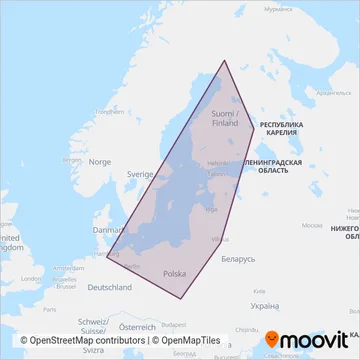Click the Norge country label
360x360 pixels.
click(100, 161)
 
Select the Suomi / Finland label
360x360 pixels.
click(225, 118)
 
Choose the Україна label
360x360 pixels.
click(264, 306)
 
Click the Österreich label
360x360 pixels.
click(138, 326)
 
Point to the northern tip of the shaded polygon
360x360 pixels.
click(223, 61)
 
